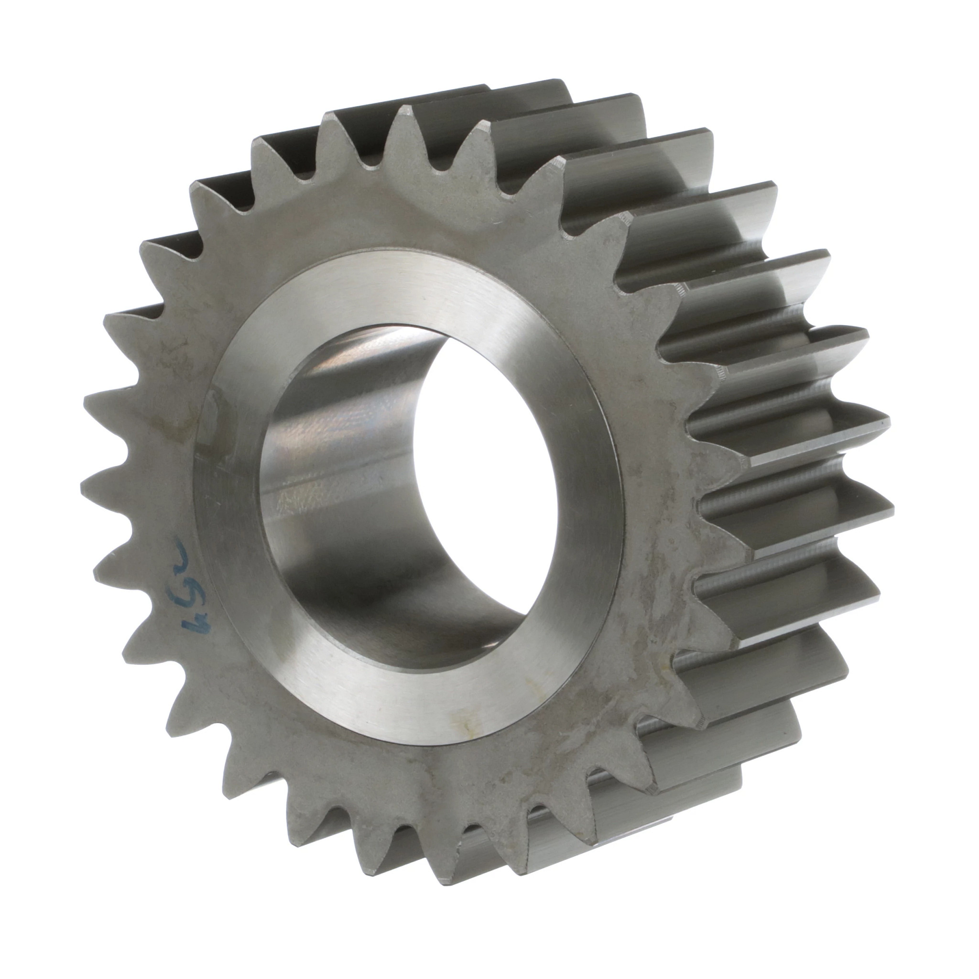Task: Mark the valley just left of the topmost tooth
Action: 370,162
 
